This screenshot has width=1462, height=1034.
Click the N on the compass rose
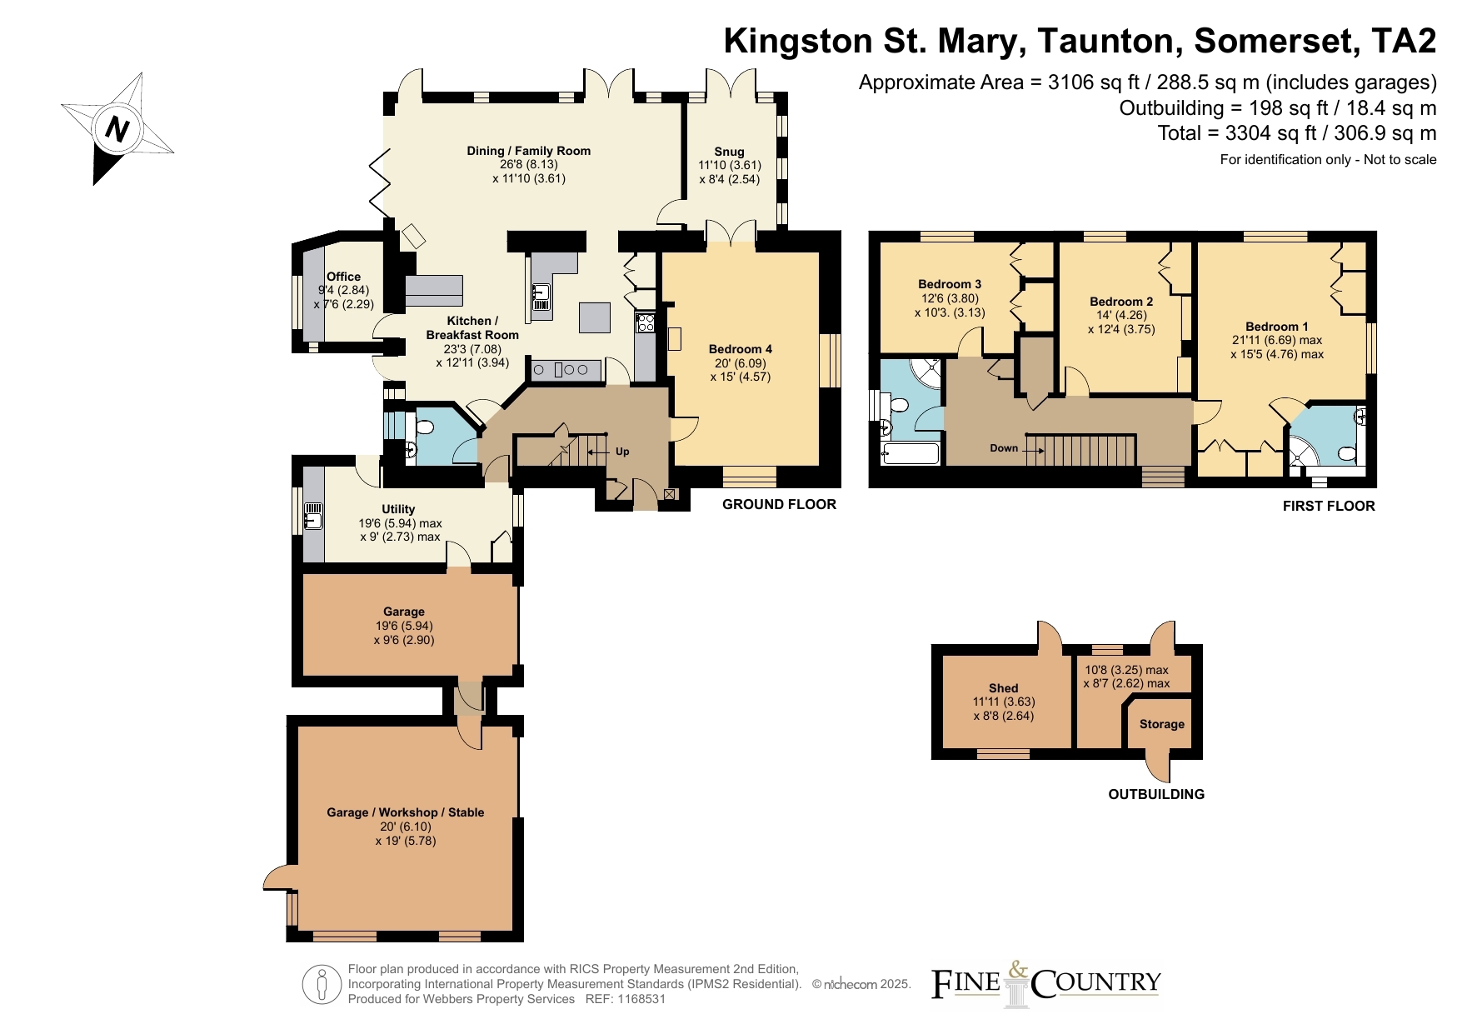tap(117, 129)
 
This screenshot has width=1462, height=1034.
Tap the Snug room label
tap(729, 152)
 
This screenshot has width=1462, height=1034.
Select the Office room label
tap(343, 277)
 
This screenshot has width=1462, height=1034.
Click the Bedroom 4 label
tap(741, 349)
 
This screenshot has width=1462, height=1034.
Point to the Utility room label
tap(398, 509)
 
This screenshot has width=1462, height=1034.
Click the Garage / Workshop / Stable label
tap(405, 812)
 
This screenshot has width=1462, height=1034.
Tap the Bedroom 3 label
tap(950, 284)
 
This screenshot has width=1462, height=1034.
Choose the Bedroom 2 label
tap(1121, 302)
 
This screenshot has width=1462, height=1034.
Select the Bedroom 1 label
tap(1277, 327)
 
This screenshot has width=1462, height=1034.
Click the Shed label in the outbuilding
tap(1003, 688)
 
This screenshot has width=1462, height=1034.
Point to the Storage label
tap(1162, 724)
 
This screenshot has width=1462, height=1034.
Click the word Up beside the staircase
tap(622, 452)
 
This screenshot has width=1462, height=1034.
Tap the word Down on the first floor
tap(1004, 448)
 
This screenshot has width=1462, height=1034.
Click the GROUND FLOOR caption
tap(779, 504)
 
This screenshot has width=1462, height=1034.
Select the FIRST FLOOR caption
tap(1329, 506)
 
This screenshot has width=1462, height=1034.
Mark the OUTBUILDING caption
tap(1156, 794)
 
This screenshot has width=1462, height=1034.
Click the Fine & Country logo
tap(1045, 984)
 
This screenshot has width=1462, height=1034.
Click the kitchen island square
tap(595, 317)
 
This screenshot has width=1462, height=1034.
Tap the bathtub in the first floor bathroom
tap(911, 454)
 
